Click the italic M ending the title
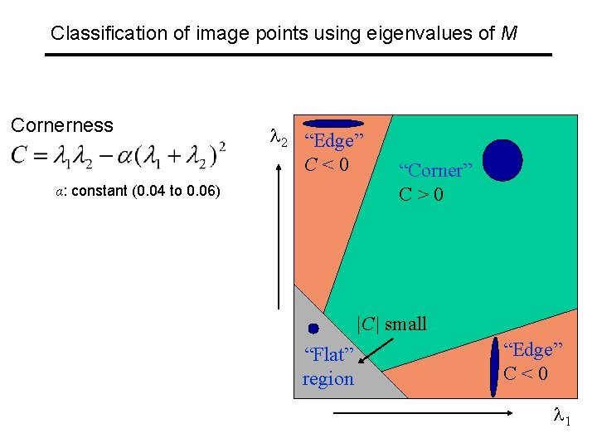[x=510, y=33]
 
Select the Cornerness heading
[x=61, y=125]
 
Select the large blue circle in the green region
[x=502, y=160]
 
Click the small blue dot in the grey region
[x=313, y=329]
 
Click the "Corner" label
[x=435, y=171]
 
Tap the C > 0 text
[x=421, y=195]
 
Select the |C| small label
[x=391, y=324]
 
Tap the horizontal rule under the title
[x=298, y=55]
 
